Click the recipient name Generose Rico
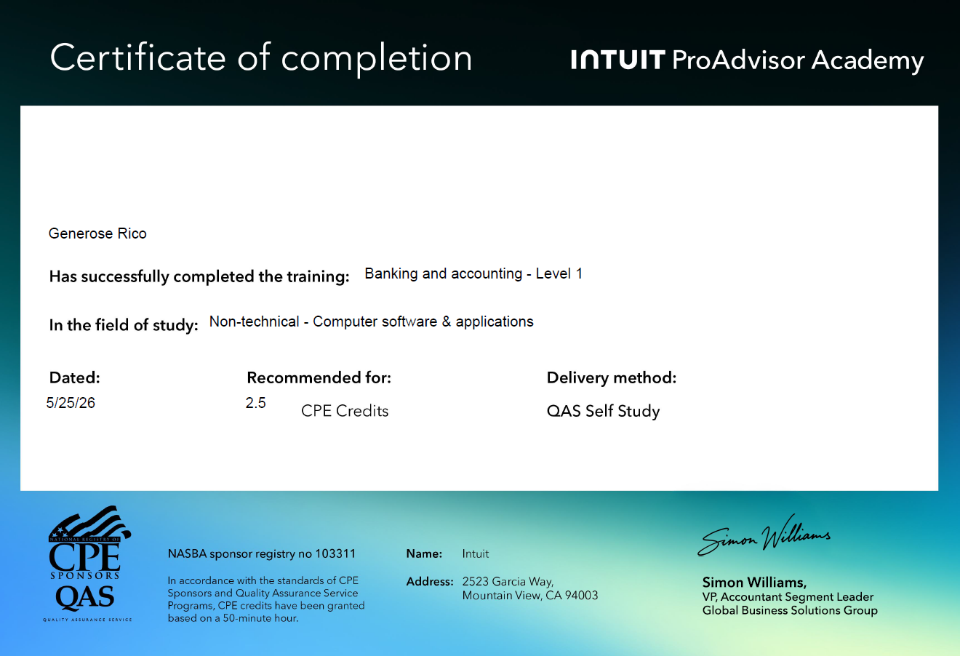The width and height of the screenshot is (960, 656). [x=97, y=233]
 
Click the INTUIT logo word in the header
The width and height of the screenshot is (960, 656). [x=617, y=60]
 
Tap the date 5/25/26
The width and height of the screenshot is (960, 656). [x=71, y=403]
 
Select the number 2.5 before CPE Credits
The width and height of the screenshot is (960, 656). [x=255, y=403]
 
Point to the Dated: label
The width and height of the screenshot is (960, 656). [x=75, y=377]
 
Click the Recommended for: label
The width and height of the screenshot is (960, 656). [x=319, y=377]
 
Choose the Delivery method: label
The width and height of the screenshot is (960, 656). [x=612, y=377]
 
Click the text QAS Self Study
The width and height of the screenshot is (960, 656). [x=604, y=412]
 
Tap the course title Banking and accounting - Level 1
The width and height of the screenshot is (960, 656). [x=473, y=273]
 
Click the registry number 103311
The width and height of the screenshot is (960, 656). [x=335, y=553]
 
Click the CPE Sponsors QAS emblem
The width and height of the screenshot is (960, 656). [x=87, y=564]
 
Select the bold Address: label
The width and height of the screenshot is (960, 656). [x=430, y=581]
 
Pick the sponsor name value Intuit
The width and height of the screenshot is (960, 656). [x=476, y=553]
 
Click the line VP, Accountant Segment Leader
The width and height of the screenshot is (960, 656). [x=788, y=597]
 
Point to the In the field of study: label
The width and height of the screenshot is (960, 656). [x=124, y=325]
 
